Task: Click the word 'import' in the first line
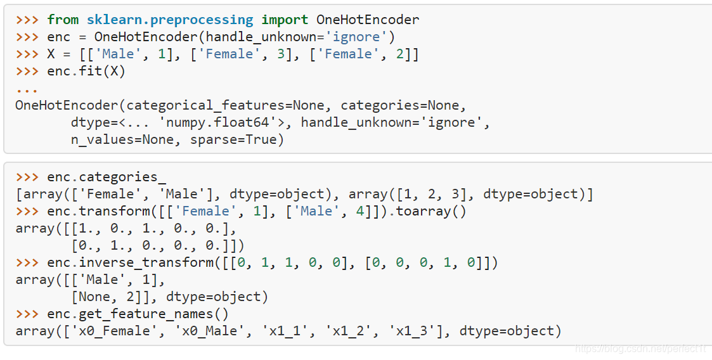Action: pyautogui.click(x=284, y=20)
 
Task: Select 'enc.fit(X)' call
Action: pyautogui.click(x=86, y=71)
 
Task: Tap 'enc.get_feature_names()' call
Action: pyautogui.click(x=138, y=314)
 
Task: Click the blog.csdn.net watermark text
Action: pyautogui.click(x=640, y=349)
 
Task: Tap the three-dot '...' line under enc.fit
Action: pyautogui.click(x=27, y=88)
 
